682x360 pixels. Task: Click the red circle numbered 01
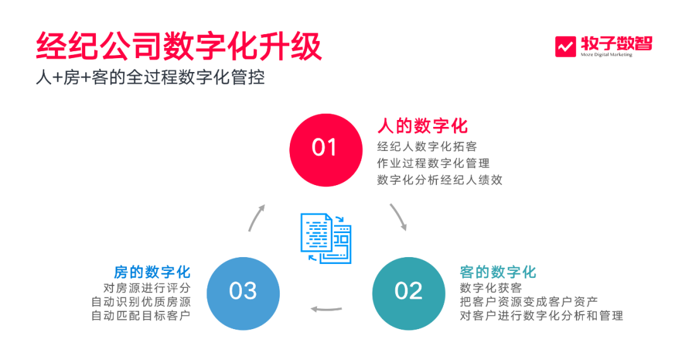point(325,148)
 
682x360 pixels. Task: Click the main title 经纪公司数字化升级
point(179,46)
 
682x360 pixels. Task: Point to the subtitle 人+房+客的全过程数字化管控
point(150,78)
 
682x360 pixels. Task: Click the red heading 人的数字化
point(422,126)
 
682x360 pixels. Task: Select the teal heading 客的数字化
point(498,272)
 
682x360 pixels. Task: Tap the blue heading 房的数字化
point(152,272)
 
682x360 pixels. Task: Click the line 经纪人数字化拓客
point(427,147)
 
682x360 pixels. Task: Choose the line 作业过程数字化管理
point(433,163)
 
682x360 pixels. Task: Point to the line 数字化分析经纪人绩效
point(440,179)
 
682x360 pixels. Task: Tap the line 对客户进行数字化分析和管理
point(542,315)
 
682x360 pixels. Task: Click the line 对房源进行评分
point(142,288)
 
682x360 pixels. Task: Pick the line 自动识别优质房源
point(140,301)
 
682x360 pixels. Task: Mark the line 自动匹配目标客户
point(140,315)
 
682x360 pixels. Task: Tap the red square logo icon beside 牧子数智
point(565,47)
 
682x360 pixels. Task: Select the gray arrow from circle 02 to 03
point(327,309)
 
